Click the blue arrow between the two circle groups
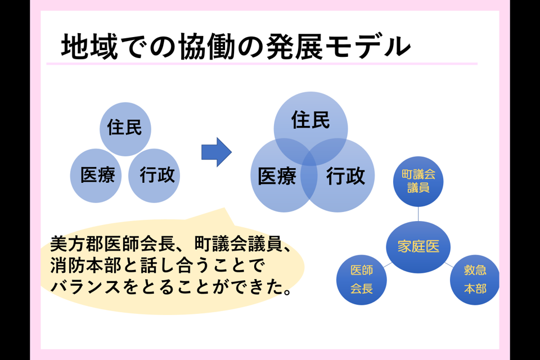[216, 152]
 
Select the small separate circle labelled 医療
[96, 176]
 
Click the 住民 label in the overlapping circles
[310, 120]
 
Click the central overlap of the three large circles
[310, 163]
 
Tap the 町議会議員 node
[418, 181]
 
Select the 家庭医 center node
[418, 246]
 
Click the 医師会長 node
[361, 280]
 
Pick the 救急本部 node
[475, 280]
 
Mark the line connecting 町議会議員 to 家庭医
[418, 214]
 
